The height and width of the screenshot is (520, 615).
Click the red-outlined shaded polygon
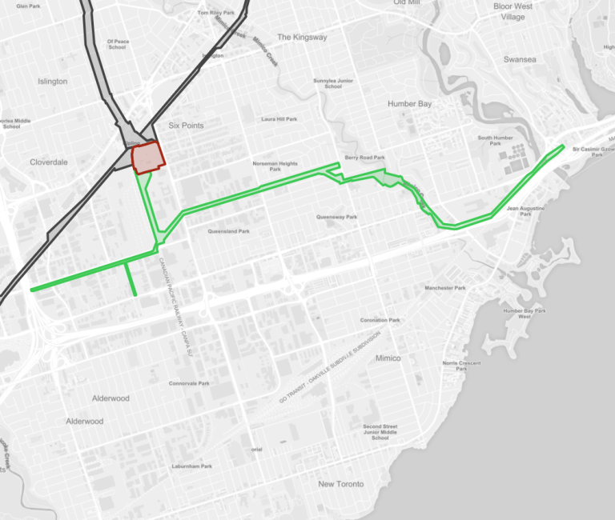[147, 158]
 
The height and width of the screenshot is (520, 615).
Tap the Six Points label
[186, 126]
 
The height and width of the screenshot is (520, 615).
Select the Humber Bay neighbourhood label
[409, 104]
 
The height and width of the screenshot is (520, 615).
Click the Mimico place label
[388, 358]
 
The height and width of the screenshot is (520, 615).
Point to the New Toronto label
[340, 484]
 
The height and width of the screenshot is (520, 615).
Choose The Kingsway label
[302, 38]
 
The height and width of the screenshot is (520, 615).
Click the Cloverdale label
[49, 162]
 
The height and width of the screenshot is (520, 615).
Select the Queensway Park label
[336, 217]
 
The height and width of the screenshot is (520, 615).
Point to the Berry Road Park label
[365, 158]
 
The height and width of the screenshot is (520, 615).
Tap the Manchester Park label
[445, 288]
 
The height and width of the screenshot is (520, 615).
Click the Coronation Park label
[380, 320]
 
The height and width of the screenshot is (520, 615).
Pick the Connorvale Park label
[189, 383]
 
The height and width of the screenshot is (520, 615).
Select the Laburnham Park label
[192, 466]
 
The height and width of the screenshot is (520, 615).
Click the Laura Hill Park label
[279, 119]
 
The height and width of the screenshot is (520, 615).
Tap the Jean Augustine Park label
[525, 210]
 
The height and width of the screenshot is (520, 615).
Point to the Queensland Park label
[228, 232]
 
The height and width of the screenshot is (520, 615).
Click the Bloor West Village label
[512, 11]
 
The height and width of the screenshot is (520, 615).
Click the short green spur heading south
[131, 279]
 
